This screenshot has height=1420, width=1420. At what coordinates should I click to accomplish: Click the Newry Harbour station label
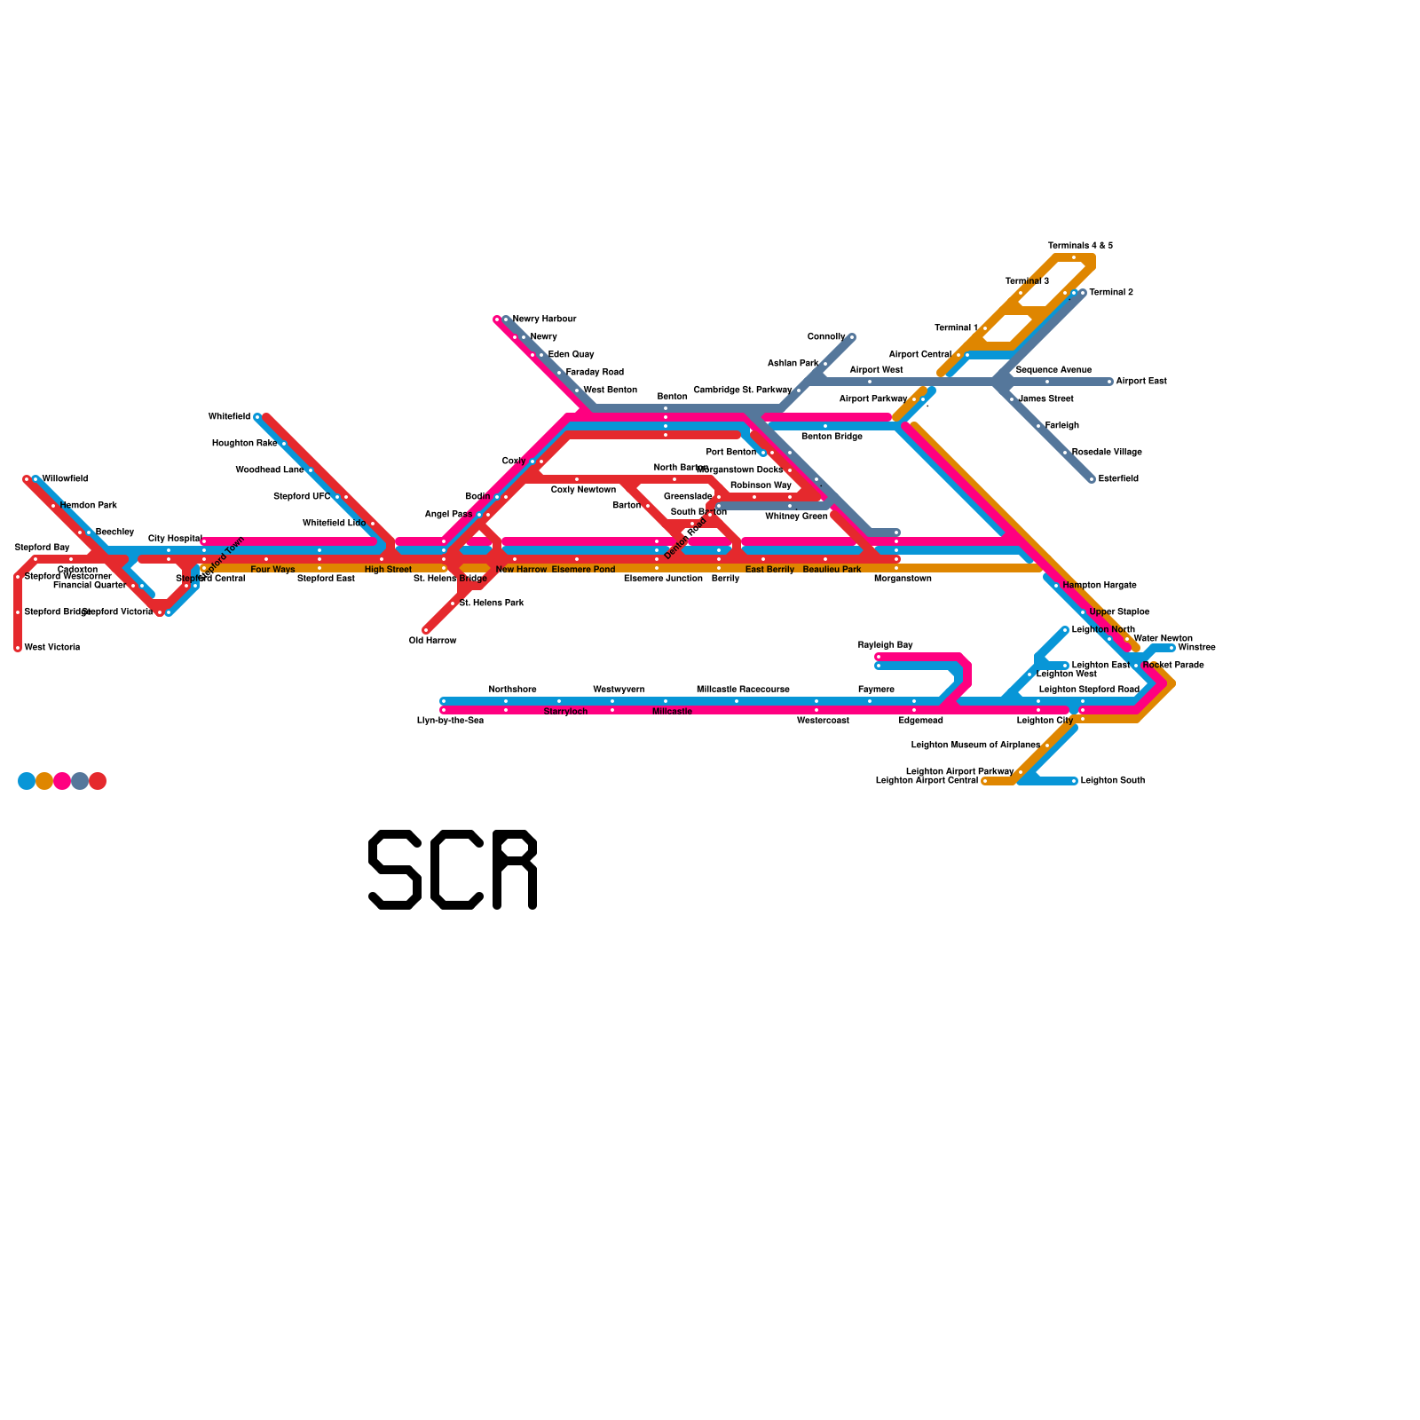point(544,319)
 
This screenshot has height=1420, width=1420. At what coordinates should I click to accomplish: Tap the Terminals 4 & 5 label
point(1080,246)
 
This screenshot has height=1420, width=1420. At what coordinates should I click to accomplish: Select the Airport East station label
point(1140,382)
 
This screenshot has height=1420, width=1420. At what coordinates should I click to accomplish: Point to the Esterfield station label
point(1118,479)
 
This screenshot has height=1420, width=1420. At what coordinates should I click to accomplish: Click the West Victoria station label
point(52,648)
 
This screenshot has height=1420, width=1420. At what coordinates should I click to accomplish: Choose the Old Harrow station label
point(432,641)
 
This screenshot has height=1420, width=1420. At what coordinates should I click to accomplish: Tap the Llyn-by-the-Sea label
point(450,721)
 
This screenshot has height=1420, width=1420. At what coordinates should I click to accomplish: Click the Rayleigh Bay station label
point(885,645)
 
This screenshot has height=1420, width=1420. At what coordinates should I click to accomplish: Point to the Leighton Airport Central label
point(927,781)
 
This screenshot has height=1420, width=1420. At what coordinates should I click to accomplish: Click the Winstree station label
point(1196,648)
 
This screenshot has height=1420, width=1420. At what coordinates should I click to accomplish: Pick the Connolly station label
point(825,337)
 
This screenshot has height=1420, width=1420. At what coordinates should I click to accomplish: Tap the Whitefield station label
point(229,417)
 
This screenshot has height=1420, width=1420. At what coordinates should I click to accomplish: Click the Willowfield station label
point(65,479)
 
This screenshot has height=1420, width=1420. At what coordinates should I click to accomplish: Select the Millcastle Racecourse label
point(743,690)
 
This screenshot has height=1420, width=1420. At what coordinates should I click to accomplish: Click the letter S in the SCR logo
point(395,870)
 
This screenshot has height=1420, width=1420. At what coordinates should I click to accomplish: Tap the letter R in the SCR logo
point(515,870)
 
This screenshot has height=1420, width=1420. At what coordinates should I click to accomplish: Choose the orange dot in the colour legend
point(44,781)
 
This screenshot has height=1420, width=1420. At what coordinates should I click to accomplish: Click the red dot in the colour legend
point(98,781)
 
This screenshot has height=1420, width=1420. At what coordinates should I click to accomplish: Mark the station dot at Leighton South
point(1074,781)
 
